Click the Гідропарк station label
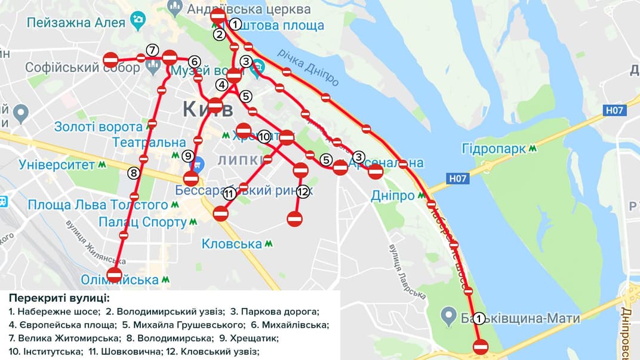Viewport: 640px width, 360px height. tap(493, 148)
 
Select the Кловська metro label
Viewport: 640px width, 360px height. tap(232, 244)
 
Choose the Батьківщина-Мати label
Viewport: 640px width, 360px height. tap(519, 318)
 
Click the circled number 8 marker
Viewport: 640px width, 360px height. tap(134, 173)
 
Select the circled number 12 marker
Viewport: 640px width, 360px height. tap(303, 192)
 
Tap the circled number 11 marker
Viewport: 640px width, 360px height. tap(230, 193)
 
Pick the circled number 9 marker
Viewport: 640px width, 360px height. tap(188, 156)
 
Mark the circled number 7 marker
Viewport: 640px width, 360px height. tap(152, 50)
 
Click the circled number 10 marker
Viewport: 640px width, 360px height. tap(265, 137)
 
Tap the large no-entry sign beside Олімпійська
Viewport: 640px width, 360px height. tap(114, 275)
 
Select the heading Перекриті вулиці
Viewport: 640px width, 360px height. tap(60, 298)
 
